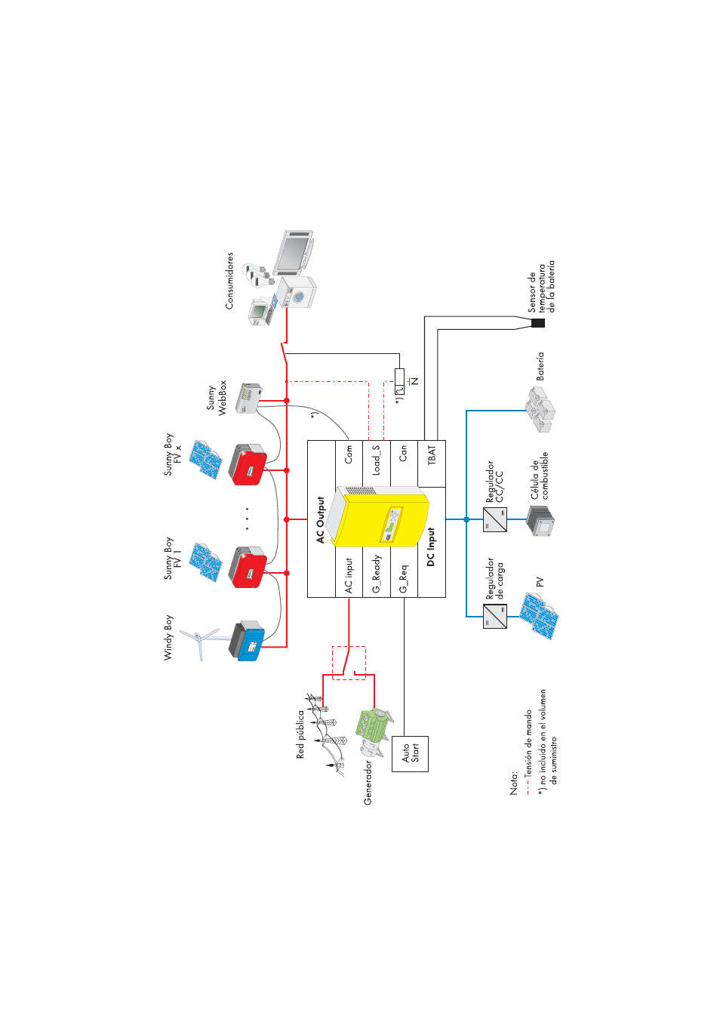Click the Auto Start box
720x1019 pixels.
410,753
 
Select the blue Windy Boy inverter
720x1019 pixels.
248,642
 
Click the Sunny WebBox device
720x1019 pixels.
248,398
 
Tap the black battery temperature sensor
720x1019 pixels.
537,323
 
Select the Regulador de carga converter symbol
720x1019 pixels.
494,616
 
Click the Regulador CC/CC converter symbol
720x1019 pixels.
494,519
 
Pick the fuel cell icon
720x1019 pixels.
540,520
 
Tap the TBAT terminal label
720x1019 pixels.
432,454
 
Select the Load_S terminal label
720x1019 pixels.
376,460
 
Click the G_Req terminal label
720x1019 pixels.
403,578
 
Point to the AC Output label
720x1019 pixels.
321,519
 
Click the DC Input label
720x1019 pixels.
431,546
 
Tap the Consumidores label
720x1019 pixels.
229,281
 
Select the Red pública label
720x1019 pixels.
300,734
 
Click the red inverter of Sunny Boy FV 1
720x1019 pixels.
248,568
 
